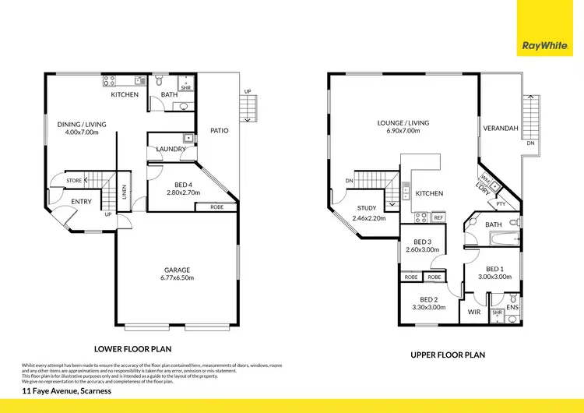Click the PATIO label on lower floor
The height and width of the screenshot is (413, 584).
[x=220, y=131]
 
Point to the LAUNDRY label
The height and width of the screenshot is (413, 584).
[x=171, y=149]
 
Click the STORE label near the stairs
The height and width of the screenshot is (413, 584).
[x=74, y=181]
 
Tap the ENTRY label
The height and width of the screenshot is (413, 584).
[x=81, y=202]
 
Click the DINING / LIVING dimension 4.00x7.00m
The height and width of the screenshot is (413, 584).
[x=82, y=132]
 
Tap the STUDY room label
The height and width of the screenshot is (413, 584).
[x=367, y=209]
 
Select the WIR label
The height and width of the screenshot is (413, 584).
[x=473, y=312]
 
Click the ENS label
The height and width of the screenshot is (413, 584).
[x=512, y=308]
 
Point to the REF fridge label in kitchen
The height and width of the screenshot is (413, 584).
[x=438, y=217]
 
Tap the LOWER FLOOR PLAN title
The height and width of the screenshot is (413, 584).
[x=132, y=350]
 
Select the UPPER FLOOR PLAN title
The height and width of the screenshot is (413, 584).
[x=448, y=355]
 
